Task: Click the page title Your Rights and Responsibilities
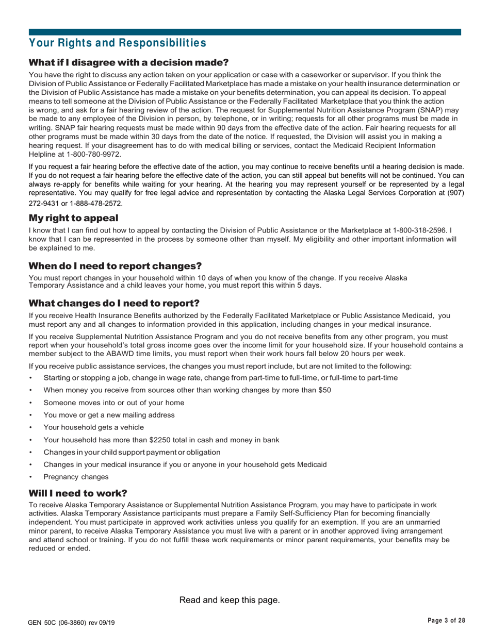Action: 117,42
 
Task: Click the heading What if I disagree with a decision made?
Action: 128,63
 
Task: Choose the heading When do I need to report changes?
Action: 115,266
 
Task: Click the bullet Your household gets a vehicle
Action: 93,427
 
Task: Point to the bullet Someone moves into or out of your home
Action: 114,403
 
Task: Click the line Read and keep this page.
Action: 230,600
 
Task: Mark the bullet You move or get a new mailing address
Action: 109,415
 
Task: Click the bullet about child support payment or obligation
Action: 132,452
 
